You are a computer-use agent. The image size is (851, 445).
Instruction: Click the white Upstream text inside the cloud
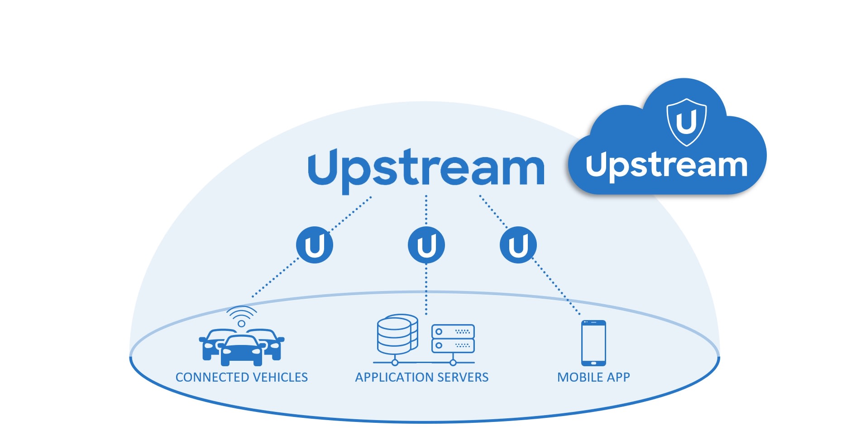coord(666,166)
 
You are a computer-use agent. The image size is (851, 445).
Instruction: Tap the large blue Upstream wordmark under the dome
coord(426,171)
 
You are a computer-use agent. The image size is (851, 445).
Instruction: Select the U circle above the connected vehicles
coord(315,245)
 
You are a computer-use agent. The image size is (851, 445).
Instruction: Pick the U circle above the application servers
coord(426,245)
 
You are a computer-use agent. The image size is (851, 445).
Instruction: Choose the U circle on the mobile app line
coord(518,245)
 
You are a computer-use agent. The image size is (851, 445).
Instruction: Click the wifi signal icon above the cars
coord(242,316)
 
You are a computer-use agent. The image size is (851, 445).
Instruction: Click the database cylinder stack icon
coord(397,335)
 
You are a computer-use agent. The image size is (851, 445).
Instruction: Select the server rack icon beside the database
coord(453,338)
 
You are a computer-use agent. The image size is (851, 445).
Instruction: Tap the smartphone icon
coord(593,343)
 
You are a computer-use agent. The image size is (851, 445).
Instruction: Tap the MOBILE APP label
coord(593,377)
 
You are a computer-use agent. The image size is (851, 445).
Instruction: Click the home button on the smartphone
coord(593,363)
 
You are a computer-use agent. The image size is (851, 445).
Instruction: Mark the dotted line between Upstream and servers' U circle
coord(426,211)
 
